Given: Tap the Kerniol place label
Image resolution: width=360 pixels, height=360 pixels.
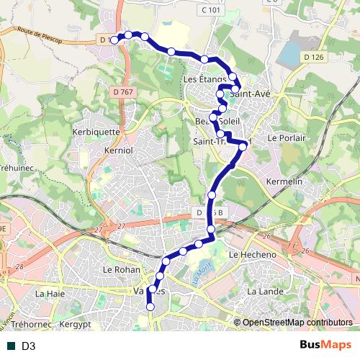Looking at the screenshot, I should [118, 150].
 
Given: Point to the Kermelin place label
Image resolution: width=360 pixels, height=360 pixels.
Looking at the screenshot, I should [284, 182].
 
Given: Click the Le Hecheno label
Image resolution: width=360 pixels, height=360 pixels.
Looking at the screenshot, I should [252, 255].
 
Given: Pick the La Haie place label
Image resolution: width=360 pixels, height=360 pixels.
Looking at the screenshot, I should [50, 294].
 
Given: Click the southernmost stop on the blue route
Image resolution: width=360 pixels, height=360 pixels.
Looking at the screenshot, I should [150, 307].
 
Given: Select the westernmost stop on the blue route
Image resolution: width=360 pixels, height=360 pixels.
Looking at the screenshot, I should [114, 40].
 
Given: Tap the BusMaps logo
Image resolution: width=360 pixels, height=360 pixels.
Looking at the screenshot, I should [325, 346].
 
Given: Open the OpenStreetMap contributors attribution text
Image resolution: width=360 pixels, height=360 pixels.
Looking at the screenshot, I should [297, 323].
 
